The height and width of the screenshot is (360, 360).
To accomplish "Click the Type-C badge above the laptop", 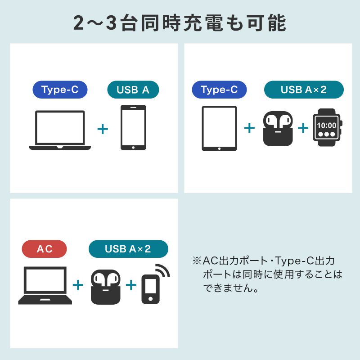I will click(x=60, y=90).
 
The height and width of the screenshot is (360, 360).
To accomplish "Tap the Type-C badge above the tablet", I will click(x=219, y=90).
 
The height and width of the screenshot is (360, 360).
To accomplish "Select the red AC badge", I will click(x=45, y=249).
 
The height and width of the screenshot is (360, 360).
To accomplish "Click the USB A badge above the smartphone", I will click(x=133, y=90).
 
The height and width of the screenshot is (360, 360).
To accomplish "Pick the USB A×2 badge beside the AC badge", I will click(x=128, y=249).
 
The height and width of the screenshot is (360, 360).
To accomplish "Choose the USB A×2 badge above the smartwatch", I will click(x=304, y=90).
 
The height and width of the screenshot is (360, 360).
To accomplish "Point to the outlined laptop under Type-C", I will click(x=60, y=130).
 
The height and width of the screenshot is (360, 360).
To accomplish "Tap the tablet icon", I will click(x=219, y=128).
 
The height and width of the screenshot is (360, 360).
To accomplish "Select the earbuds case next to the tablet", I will click(x=277, y=129).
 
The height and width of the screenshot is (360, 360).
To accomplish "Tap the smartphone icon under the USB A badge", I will click(x=133, y=128).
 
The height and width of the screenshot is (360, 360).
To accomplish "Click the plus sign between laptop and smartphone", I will click(x=103, y=129).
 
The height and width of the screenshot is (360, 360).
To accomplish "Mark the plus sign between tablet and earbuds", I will click(x=249, y=128).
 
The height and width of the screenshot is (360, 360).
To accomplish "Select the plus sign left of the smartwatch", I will click(x=303, y=128).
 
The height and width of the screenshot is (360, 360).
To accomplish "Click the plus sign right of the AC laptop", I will click(x=78, y=285).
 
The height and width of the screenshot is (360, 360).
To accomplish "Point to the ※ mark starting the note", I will click(x=197, y=261).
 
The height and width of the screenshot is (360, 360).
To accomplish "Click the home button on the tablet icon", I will click(x=219, y=148).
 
